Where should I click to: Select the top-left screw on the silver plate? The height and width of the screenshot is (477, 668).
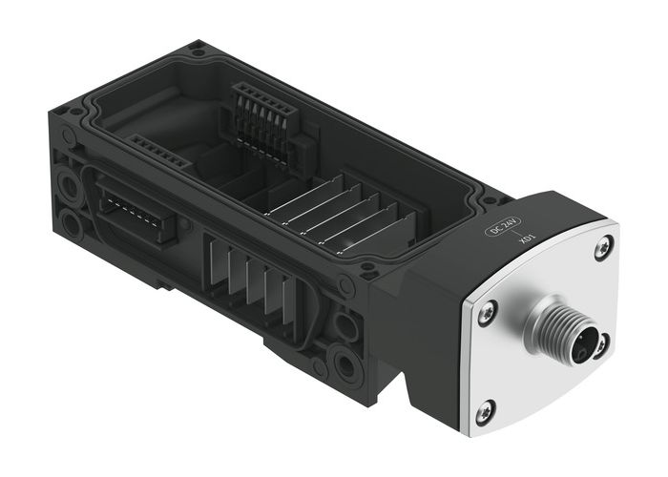[x=487, y=310]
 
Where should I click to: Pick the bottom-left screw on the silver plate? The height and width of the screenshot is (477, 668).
[x=485, y=411]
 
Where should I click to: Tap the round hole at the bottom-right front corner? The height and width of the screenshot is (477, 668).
[x=344, y=363]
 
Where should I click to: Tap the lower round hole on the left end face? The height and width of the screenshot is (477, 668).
[x=72, y=223]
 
